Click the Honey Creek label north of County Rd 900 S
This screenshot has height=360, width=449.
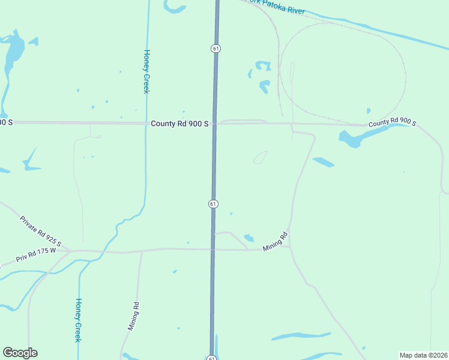coord(146,71)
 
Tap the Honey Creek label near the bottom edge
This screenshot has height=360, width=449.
coord(77,320)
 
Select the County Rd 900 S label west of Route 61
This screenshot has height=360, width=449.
coord(179,124)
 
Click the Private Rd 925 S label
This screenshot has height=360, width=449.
coord(40,231)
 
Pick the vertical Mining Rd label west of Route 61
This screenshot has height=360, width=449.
coord(133,316)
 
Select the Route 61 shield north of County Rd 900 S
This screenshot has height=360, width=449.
coord(215,48)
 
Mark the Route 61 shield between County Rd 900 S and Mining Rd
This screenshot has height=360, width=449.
coord(213,204)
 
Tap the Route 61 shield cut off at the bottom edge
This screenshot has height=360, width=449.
coord(212,358)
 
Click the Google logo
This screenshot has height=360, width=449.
coord(20,352)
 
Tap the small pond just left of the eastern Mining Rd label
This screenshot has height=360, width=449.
coord(249,238)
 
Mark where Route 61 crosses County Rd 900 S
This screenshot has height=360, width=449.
coord(214,123)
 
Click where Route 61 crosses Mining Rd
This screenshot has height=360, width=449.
coord(212,248)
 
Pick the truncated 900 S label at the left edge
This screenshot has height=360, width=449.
coord(6,122)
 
